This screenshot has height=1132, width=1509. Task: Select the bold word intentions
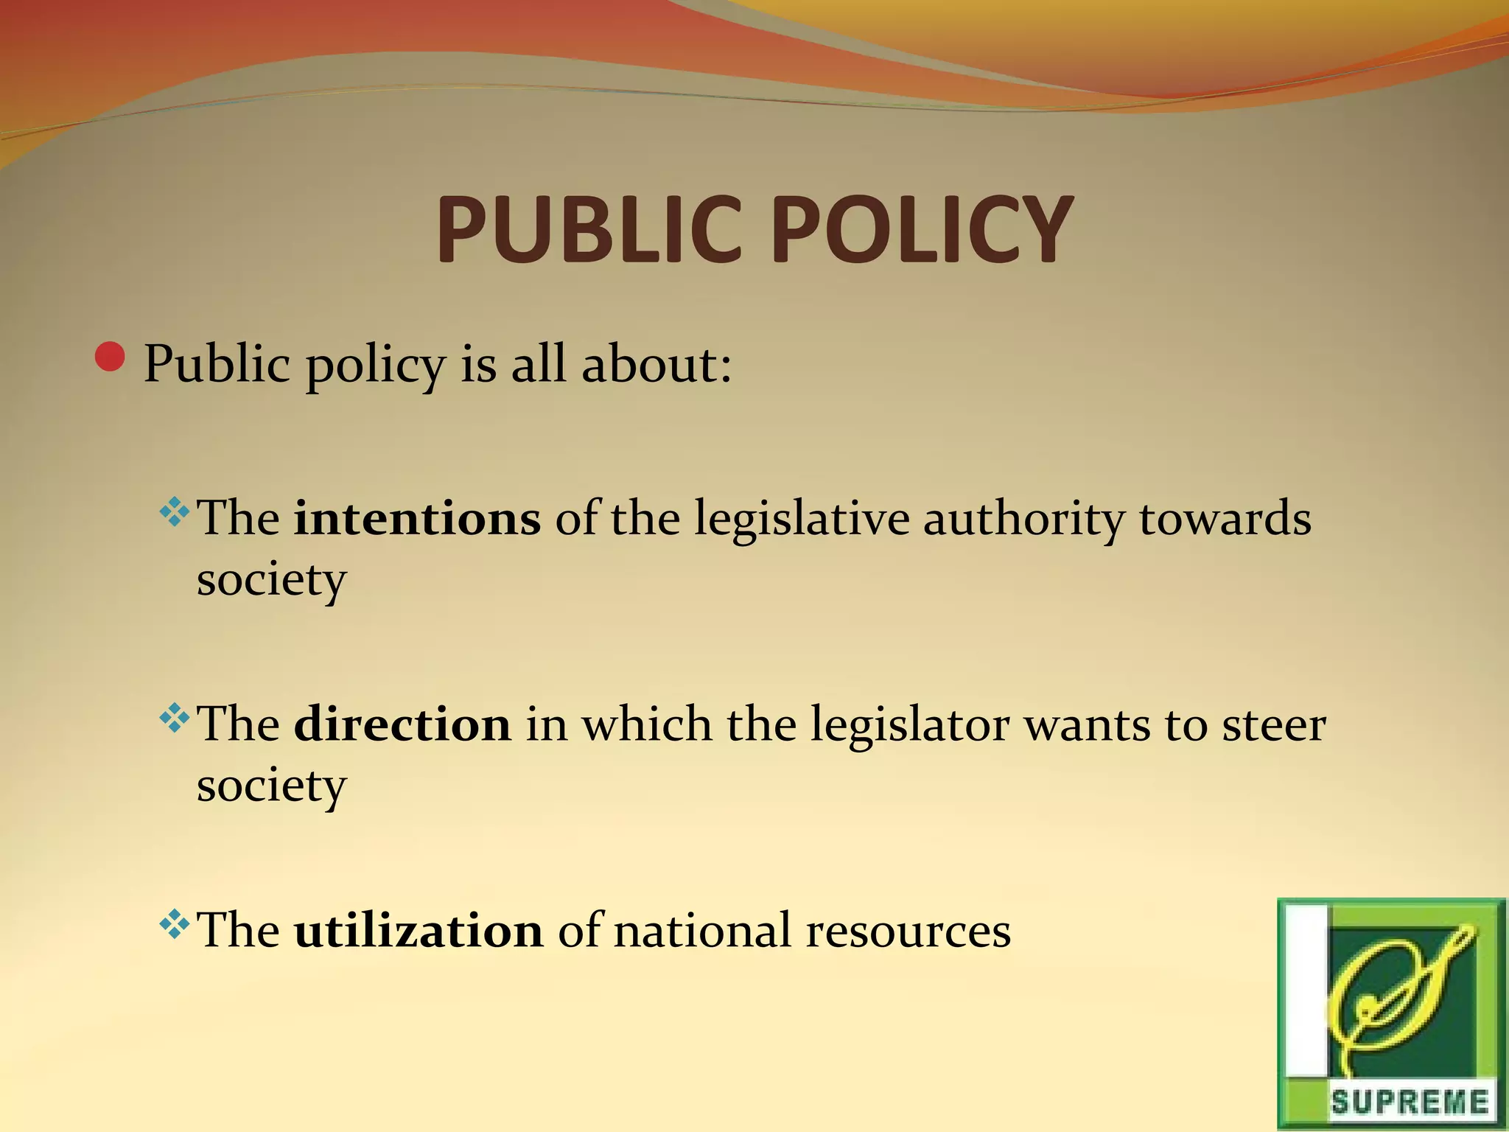click(417, 518)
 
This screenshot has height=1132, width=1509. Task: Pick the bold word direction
click(402, 724)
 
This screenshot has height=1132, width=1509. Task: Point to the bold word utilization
click(419, 930)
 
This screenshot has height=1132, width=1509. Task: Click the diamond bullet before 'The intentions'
click(174, 512)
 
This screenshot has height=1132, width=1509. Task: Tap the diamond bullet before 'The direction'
click(174, 718)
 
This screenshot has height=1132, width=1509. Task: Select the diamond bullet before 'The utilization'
click(174, 924)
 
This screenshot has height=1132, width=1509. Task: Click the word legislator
click(910, 725)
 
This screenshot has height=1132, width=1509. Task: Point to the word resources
click(908, 932)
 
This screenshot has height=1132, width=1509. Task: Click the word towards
click(1225, 518)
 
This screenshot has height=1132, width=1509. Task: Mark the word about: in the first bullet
click(657, 364)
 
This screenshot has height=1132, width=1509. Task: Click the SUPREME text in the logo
click(1409, 1103)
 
